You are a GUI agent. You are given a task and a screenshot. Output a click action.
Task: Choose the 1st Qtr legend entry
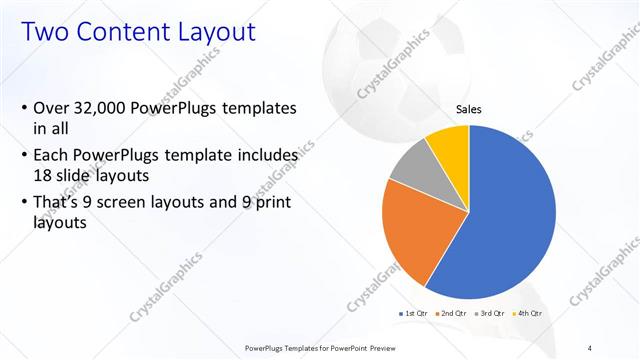tap(415, 313)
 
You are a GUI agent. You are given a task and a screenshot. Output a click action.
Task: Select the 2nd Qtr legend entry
tap(452, 313)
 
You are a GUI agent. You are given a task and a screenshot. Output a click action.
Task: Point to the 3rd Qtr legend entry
tap(490, 313)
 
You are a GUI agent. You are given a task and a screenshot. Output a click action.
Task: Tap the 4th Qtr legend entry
tap(527, 313)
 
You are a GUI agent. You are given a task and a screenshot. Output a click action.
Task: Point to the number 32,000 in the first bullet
tap(106, 107)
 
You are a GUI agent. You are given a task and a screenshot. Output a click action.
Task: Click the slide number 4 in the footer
tap(589, 347)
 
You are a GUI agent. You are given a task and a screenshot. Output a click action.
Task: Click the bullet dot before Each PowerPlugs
tap(24, 156)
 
